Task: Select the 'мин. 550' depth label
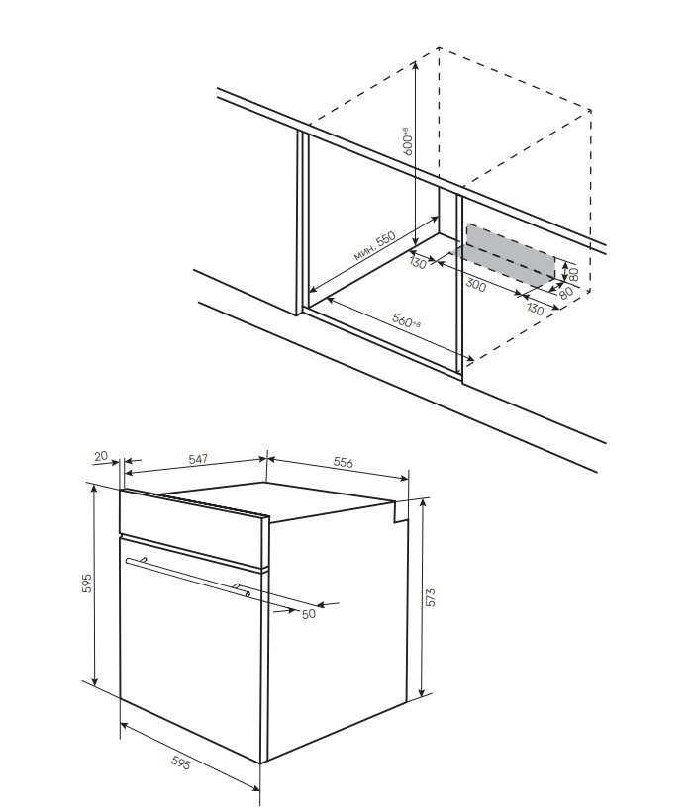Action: pos(373,247)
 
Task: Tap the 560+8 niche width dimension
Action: pos(405,320)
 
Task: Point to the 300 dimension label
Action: pos(475,286)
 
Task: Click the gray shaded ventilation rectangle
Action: pos(511,254)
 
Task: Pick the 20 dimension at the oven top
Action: pos(100,456)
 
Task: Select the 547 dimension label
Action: pos(198,460)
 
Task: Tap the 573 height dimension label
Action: pos(430,597)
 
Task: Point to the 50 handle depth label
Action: pos(308,614)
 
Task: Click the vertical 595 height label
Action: pos(87,584)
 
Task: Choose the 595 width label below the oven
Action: pos(180,763)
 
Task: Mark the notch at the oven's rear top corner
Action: pos(401,510)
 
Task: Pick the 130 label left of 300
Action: pos(418,264)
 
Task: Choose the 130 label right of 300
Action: pos(536,309)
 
